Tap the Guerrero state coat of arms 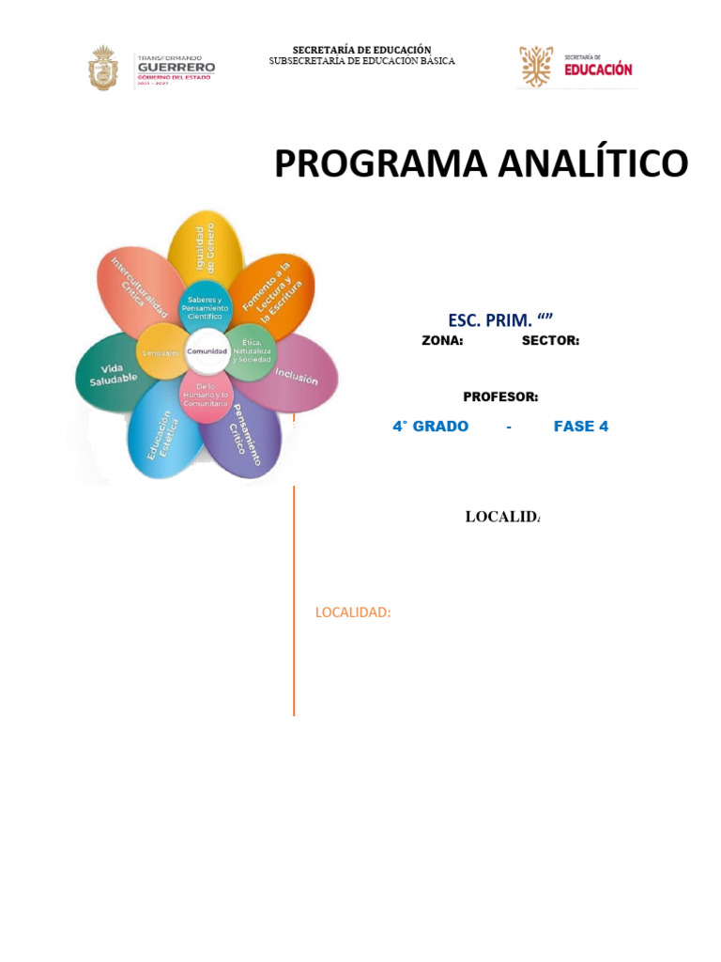pyautogui.click(x=103, y=69)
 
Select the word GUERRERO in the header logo pyautogui.click(x=176, y=67)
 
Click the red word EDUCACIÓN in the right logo pyautogui.click(x=598, y=70)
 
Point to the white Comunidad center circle pyautogui.click(x=207, y=350)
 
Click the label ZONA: pyautogui.click(x=442, y=341)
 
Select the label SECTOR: pyautogui.click(x=550, y=341)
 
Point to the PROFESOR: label pyautogui.click(x=500, y=397)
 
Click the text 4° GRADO pyautogui.click(x=430, y=427)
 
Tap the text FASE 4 pyautogui.click(x=580, y=427)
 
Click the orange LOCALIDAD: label pyautogui.click(x=353, y=613)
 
